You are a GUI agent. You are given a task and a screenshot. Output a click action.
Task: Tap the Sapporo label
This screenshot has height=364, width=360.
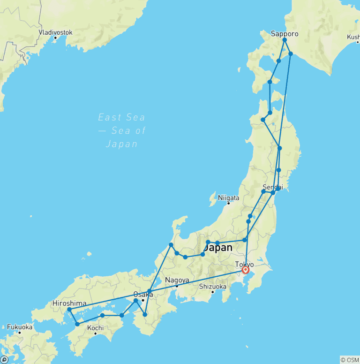coord(285,34)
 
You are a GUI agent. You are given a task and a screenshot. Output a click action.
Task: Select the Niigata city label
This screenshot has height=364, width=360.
coord(229,198)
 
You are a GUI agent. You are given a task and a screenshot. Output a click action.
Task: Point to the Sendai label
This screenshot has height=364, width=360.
coord(273,188)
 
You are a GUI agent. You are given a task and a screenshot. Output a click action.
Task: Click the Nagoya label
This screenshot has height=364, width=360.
coord(177,281)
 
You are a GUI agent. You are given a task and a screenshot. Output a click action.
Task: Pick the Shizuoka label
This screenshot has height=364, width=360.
coord(212,286)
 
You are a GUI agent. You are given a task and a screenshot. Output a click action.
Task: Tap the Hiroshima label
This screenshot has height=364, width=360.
coord(69,303)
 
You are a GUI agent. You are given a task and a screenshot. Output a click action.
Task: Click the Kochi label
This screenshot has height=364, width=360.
coord(95,328)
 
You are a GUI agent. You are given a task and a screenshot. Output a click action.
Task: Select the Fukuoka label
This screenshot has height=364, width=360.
coord(20,326)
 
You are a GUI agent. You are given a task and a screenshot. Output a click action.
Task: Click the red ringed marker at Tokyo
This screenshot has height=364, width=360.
coord(245,270)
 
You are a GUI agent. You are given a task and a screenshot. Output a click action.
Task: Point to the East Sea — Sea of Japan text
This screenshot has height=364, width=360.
coord(121,130)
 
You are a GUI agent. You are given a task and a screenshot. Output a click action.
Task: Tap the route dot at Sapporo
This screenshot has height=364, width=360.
coord(285,40)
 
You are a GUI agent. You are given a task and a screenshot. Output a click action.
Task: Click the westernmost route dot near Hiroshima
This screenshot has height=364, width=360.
coord(69,310)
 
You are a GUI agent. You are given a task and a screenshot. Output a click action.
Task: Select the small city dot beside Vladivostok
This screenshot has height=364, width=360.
coord(55,38)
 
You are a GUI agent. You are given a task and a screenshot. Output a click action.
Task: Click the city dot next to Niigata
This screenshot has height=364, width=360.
coord(229,203)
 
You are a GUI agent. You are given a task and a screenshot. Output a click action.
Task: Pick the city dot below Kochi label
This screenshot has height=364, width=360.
coord(96,334)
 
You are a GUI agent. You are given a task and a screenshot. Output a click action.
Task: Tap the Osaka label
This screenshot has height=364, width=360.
coord(142,295)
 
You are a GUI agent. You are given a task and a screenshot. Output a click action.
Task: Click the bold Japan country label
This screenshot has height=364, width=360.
coord(218,248)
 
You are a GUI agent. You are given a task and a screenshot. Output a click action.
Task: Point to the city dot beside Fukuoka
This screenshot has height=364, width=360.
coord(20,332)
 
